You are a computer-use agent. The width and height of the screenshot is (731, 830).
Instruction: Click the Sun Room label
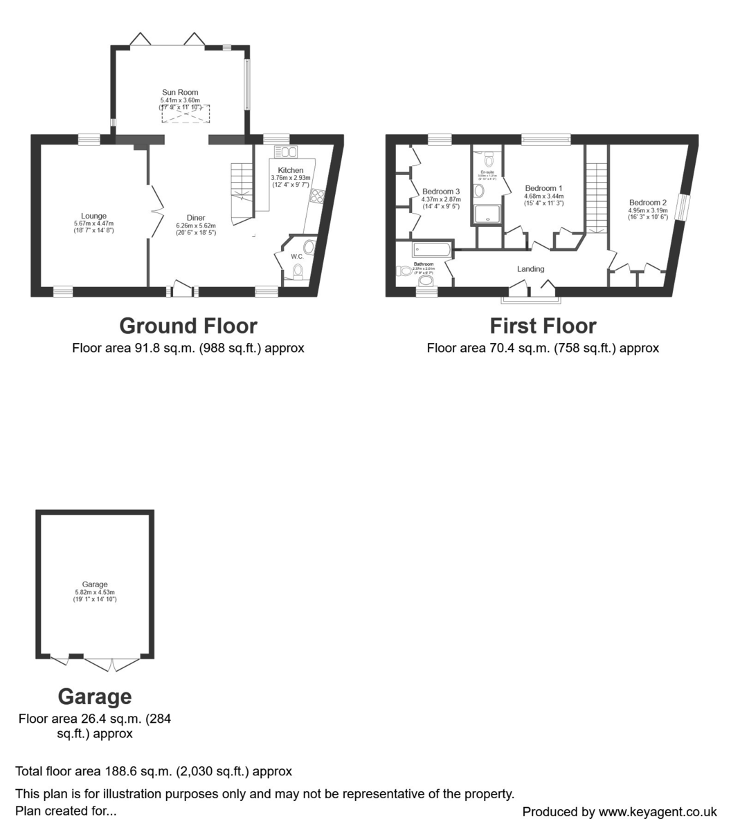(x=180, y=92)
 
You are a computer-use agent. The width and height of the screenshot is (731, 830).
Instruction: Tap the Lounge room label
(x=93, y=216)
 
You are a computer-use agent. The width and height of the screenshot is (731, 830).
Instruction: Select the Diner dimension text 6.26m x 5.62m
(x=196, y=225)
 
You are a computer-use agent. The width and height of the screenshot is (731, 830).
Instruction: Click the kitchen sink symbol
(x=285, y=152)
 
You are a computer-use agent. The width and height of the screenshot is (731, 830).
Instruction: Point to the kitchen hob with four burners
(x=318, y=196)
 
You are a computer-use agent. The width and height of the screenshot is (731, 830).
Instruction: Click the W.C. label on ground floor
(x=297, y=257)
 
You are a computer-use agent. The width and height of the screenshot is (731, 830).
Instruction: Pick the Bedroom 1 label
(x=543, y=188)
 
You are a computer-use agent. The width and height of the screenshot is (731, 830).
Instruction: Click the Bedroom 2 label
(x=647, y=203)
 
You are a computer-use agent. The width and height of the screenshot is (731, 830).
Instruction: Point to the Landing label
(x=531, y=269)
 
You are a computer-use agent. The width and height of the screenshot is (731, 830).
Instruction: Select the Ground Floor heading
(x=188, y=326)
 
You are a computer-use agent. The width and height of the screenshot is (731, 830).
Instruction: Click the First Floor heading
(x=543, y=326)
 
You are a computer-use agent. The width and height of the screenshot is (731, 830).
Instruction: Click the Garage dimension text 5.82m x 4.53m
(x=95, y=592)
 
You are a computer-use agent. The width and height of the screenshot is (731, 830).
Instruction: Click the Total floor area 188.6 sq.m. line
(x=154, y=771)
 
